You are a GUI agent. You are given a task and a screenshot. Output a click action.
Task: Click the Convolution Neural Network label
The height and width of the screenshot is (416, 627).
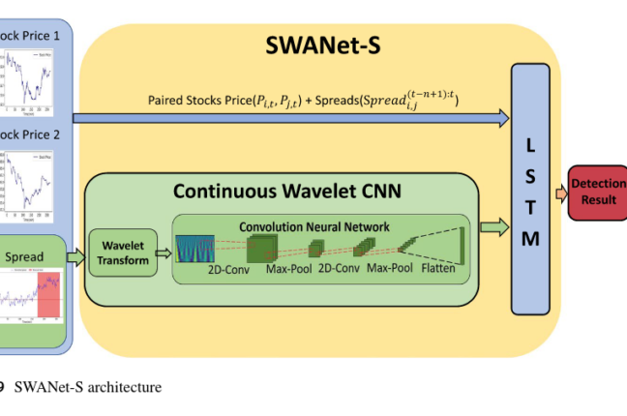click(314, 226)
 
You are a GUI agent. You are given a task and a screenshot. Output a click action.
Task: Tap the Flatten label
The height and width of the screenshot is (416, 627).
click(442, 269)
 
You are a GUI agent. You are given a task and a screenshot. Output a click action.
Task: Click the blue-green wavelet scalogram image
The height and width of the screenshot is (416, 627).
click(194, 249)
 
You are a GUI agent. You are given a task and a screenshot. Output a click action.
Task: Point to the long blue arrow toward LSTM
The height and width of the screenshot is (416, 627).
click(290, 118)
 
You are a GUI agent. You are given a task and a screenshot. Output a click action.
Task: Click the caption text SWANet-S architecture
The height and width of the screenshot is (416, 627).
click(88, 388)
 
